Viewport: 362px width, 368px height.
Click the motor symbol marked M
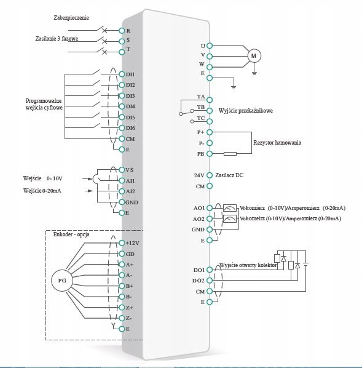(254, 56)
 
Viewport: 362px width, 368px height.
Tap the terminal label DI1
(130, 74)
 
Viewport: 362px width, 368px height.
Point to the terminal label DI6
(130, 128)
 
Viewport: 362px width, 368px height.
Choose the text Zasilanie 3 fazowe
(60, 39)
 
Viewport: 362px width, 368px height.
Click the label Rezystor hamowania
(277, 143)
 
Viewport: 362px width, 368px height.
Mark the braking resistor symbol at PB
(230, 154)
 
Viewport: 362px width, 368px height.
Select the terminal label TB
(201, 107)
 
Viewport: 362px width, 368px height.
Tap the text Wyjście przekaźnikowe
(245, 110)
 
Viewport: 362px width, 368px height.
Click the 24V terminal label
(199, 175)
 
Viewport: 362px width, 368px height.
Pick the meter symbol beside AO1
(230, 208)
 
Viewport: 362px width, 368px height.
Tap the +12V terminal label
(133, 243)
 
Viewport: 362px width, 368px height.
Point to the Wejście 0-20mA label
(42, 191)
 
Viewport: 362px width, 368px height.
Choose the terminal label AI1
(130, 180)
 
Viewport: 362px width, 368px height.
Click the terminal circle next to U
(210, 46)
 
